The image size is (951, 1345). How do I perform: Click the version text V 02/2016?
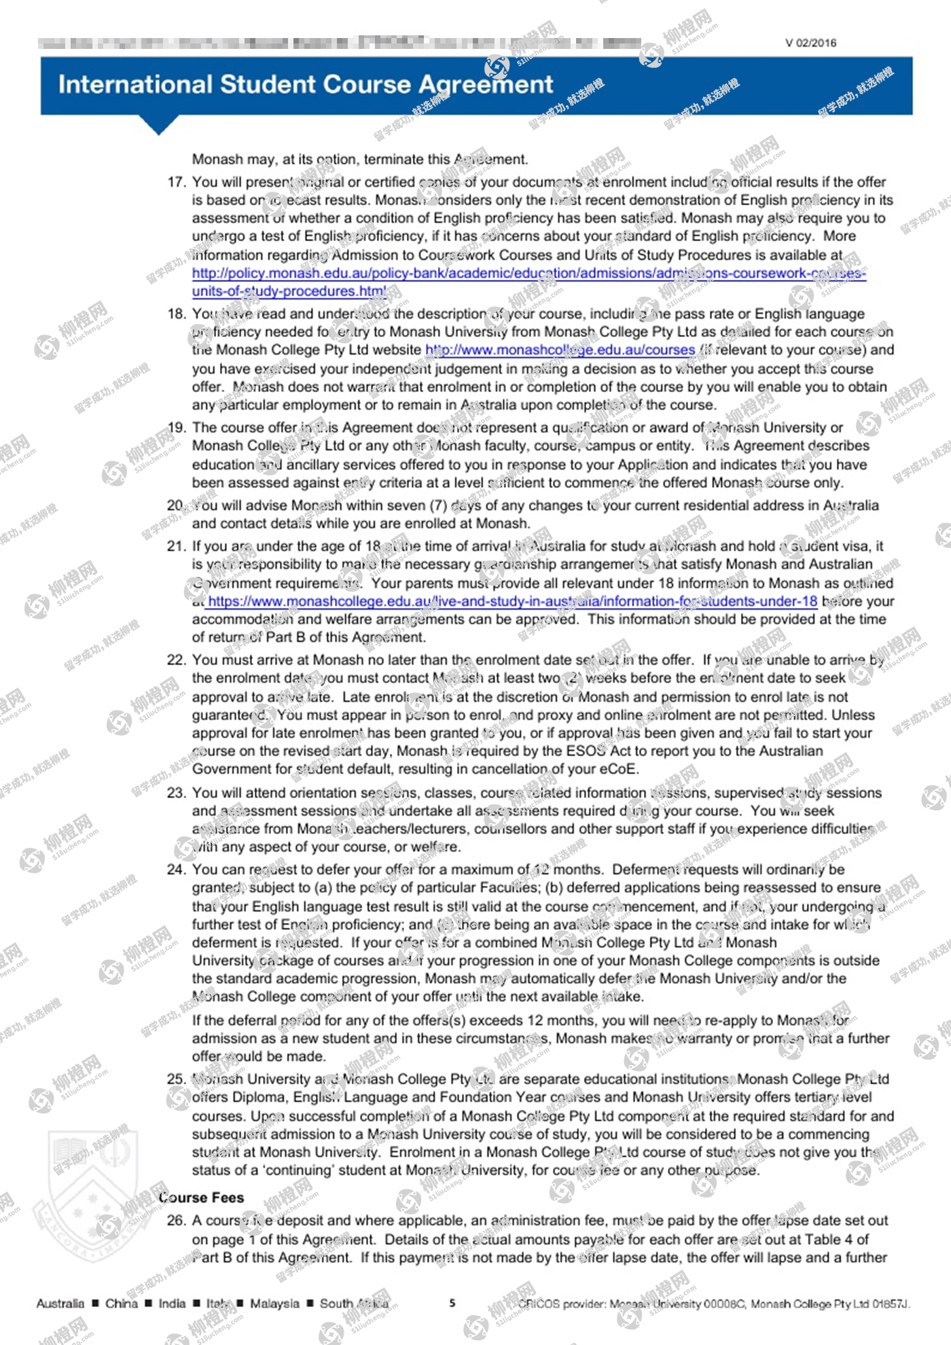point(810,43)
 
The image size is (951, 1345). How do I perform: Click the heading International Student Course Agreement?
point(306,84)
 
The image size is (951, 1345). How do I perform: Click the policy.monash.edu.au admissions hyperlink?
point(528,273)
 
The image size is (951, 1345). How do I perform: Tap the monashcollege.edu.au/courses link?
point(560,350)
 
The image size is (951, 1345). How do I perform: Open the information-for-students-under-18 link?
point(512,601)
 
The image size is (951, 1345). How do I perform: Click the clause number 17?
point(176,182)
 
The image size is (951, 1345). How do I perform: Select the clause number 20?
point(176,505)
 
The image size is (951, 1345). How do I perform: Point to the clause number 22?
point(176,660)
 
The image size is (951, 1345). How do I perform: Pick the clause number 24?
point(176,869)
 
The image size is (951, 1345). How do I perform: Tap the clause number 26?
point(176,1221)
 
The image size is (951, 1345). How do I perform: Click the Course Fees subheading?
point(201,1198)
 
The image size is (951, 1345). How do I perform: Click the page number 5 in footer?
point(452,1303)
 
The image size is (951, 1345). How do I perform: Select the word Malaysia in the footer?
point(274,1304)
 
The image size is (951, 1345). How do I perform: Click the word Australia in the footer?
point(60,1304)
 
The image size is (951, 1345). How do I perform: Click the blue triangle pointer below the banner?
point(158,124)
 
